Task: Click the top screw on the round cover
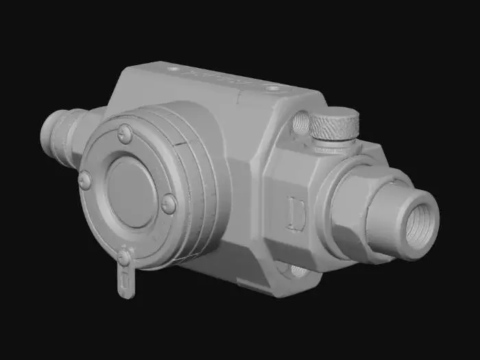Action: tap(125, 133)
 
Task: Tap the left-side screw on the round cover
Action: tap(85, 180)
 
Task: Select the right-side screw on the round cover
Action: tap(169, 203)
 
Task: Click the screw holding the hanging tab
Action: tap(125, 258)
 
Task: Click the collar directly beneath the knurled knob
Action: tap(334, 146)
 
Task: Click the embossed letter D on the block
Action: tap(297, 213)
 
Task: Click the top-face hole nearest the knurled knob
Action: tap(273, 88)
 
